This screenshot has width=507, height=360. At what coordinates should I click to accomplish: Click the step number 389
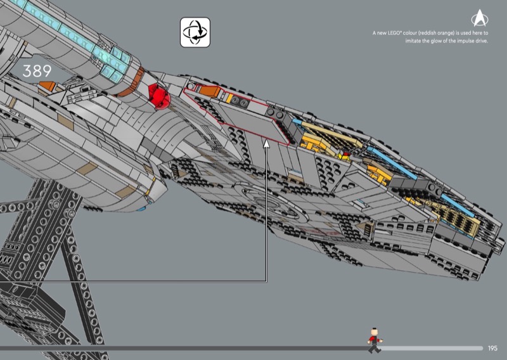37,71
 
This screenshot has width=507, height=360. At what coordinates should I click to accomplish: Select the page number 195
493,348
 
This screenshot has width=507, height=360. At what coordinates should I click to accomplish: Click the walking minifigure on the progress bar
375,341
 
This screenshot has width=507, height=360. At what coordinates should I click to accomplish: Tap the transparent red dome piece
158,96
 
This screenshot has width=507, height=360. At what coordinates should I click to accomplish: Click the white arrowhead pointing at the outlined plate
267,145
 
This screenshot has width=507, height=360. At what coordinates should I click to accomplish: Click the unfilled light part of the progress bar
431,348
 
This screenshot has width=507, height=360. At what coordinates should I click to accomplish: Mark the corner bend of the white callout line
267,281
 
